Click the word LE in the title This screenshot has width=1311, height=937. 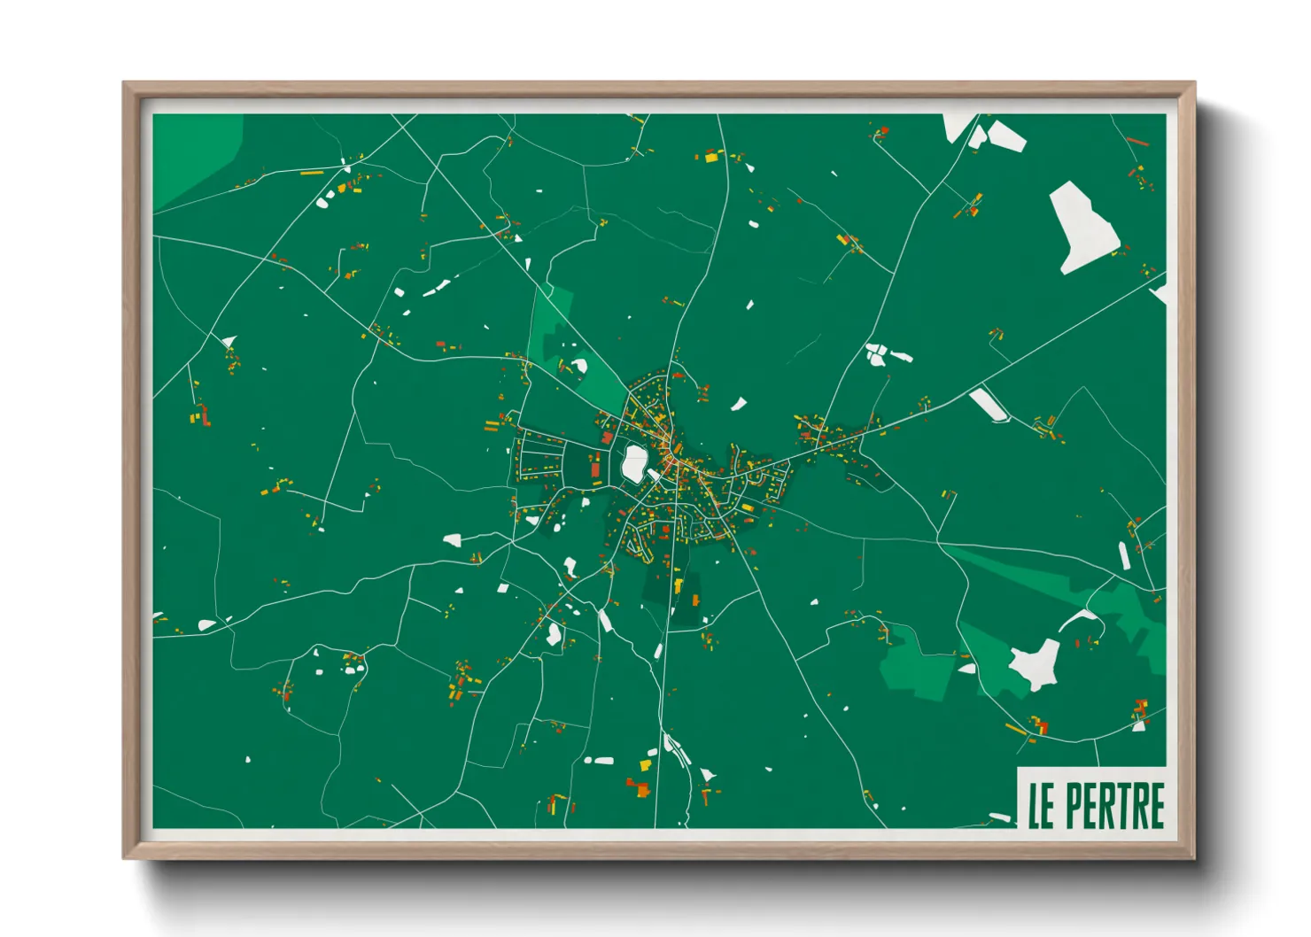1042,806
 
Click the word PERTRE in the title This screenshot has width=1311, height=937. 1115,805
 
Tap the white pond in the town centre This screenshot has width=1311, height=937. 633,463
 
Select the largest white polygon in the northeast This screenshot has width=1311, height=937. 1082,226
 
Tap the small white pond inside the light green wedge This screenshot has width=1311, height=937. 579,365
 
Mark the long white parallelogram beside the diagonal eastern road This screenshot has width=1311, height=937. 989,405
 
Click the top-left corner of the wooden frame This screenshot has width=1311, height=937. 124,83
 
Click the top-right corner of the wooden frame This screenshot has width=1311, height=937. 1194,83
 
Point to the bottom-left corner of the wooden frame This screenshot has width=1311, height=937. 124,856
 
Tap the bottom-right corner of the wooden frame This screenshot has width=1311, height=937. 1194,856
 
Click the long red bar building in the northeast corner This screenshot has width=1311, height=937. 1139,141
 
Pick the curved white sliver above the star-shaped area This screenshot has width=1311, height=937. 1079,617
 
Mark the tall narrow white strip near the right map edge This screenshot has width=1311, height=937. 1124,556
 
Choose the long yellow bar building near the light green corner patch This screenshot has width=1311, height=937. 312,173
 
